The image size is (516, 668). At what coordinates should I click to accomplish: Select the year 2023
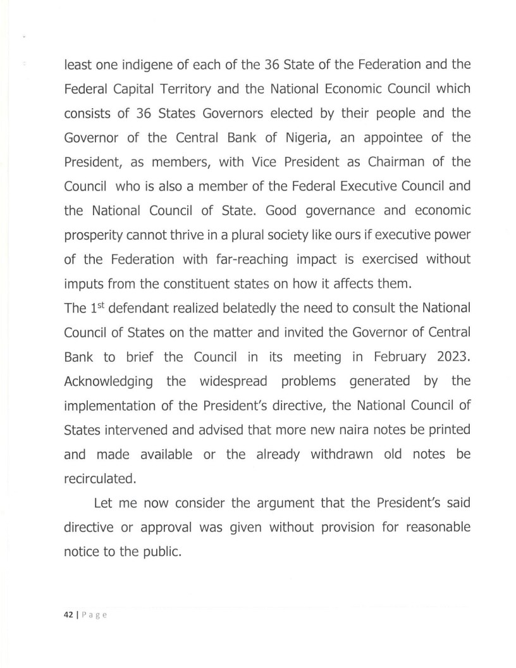pyautogui.click(x=453, y=356)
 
